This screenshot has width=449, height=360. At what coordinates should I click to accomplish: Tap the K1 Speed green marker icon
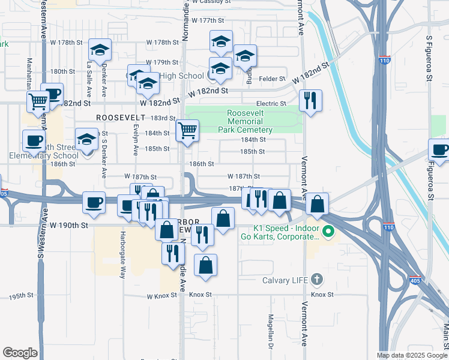(328, 230)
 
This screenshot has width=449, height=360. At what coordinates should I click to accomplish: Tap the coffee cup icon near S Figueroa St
(439, 149)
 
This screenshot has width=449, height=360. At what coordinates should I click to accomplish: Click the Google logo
(20, 353)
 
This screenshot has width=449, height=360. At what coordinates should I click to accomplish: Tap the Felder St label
(272, 79)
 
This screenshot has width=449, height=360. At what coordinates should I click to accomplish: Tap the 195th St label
(20, 297)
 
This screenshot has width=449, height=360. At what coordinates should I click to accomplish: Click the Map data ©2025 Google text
(412, 355)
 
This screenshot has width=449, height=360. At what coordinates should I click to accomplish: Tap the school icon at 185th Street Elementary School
(87, 139)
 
